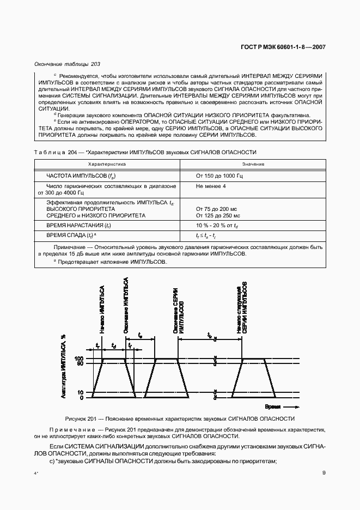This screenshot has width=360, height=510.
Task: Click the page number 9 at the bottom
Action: [x=324, y=473]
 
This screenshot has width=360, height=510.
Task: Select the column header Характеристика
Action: [x=107, y=163]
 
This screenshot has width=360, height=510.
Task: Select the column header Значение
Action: [x=250, y=163]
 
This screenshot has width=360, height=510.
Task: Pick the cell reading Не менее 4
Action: [x=210, y=186]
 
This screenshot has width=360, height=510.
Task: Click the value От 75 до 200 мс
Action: [x=217, y=209]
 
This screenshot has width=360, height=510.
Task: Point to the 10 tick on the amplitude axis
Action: [x=81, y=392]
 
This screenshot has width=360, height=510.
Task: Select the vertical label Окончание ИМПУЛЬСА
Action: [x=125, y=305]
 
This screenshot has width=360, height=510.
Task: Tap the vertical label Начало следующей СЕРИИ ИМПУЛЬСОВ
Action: [x=241, y=308]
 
